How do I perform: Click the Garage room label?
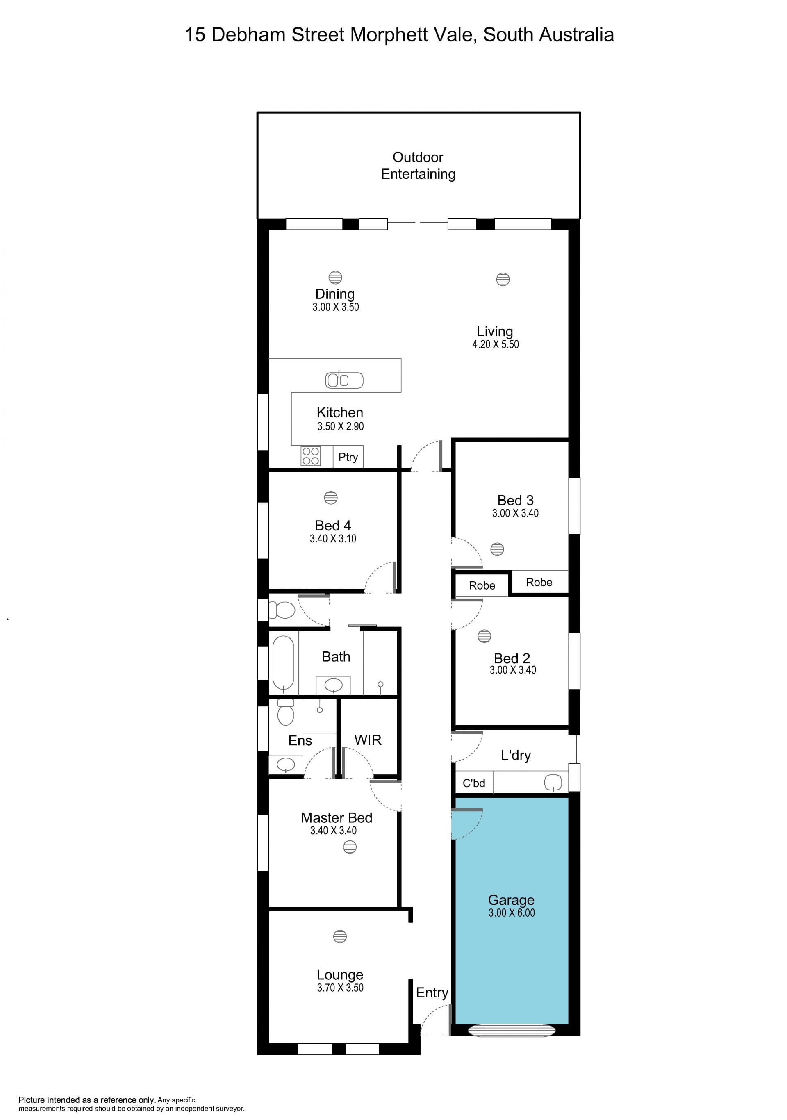point(511,900)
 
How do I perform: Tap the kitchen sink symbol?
point(344,380)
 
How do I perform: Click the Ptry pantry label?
point(348,457)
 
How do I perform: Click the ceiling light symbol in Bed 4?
point(331,498)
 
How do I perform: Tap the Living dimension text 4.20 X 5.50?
point(496,344)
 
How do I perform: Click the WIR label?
point(368,740)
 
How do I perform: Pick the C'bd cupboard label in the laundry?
point(474,783)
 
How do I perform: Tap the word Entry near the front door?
point(432,993)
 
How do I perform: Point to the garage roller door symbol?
point(512,1030)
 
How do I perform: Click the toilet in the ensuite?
point(286,712)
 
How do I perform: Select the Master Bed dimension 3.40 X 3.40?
point(334,831)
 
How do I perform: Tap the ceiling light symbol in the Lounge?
point(340,937)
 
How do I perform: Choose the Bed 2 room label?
point(512,658)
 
